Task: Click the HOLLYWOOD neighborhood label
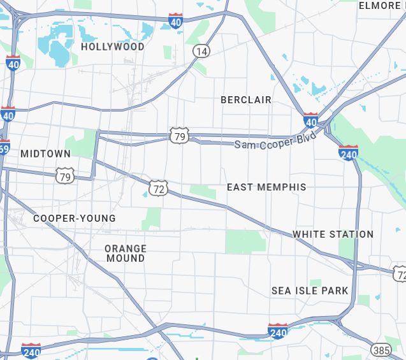112,47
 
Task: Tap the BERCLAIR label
246,100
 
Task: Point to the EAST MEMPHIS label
266,187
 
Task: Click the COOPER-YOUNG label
75,219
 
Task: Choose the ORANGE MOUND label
126,254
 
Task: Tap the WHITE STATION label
333,234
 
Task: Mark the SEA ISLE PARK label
310,291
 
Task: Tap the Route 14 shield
201,51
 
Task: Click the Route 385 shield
381,350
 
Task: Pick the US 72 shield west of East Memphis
159,188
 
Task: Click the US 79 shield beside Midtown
64,176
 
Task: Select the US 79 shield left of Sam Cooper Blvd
180,135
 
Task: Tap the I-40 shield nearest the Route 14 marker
176,21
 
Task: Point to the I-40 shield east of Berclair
310,120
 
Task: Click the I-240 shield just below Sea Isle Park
278,331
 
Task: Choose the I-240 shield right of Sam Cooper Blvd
348,153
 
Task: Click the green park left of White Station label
245,241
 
